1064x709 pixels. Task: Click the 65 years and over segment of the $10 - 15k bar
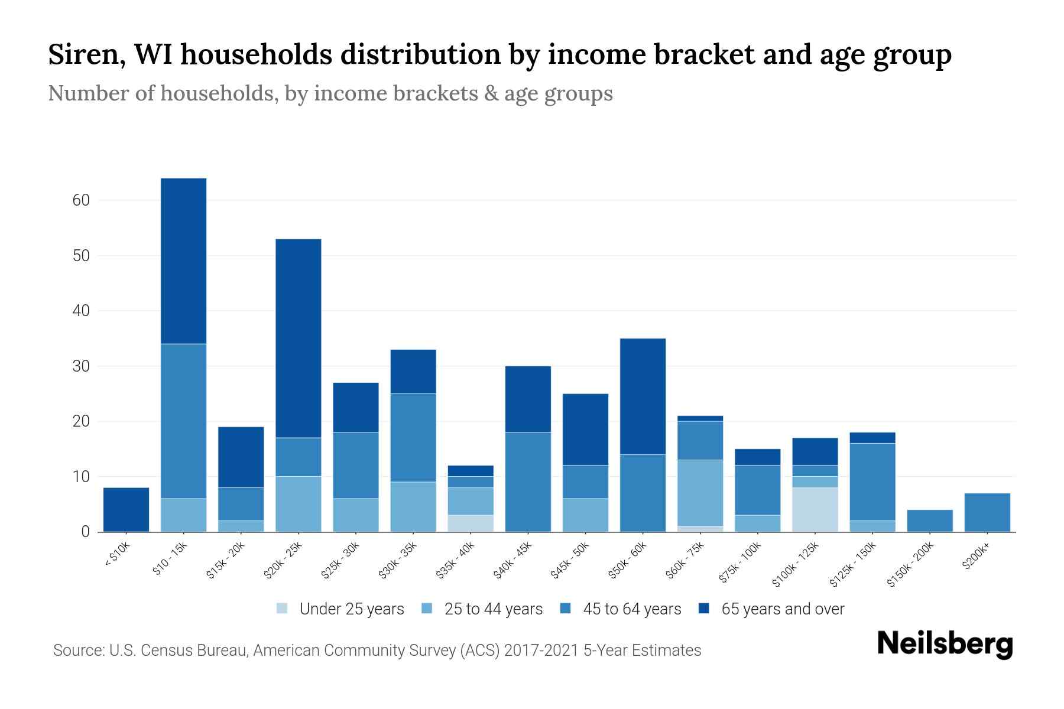pos(183,261)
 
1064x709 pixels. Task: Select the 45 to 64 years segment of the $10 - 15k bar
pos(183,421)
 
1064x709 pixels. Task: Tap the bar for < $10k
pos(126,509)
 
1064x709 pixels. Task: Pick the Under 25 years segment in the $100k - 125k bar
pos(815,509)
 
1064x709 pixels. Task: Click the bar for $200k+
pos(987,512)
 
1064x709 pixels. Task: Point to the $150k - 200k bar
pos(930,521)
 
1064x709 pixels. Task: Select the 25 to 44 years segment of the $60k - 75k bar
pos(700,493)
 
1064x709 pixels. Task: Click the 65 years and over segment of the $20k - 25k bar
pos(299,338)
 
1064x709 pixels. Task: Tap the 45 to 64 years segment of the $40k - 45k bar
pos(528,482)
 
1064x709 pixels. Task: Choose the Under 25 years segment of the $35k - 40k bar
pos(471,523)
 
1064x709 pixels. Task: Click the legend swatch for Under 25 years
pos(283,609)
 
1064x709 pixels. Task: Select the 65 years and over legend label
pos(783,609)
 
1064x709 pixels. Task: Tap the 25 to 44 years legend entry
pos(493,609)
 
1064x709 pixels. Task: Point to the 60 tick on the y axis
pos(81,200)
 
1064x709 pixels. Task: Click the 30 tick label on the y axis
pos(81,366)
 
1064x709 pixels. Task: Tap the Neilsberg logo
pos(945,644)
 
